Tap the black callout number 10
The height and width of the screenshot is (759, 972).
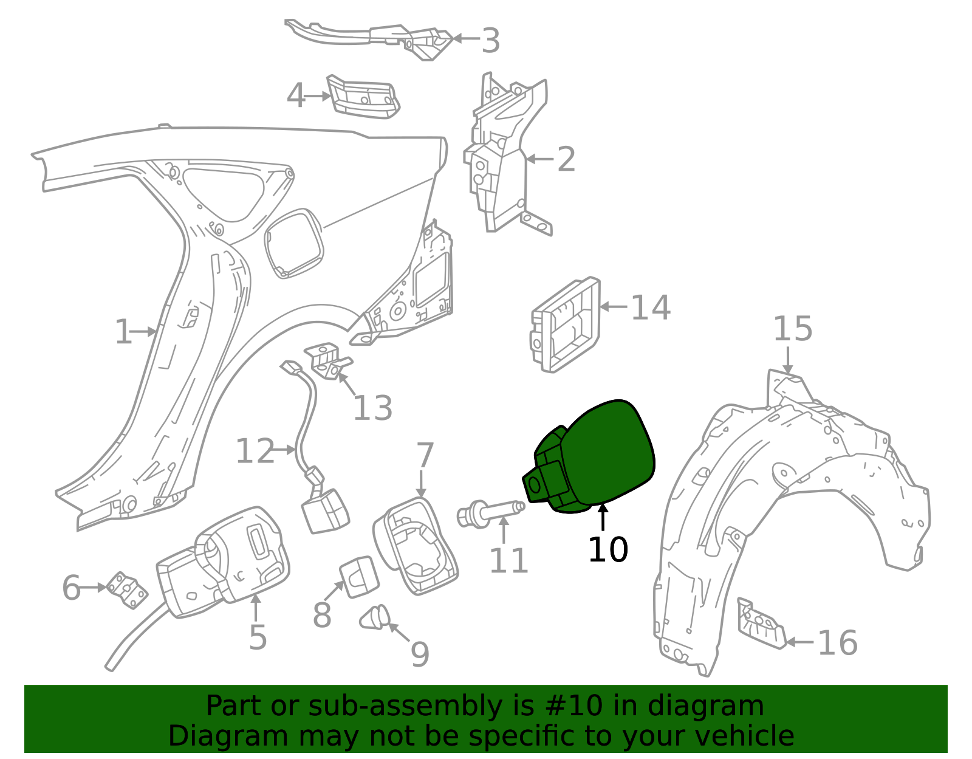[x=608, y=550]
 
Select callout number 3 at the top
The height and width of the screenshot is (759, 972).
[x=490, y=41]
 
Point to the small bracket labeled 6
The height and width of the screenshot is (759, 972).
[x=128, y=590]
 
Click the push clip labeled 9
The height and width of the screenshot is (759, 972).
[x=375, y=617]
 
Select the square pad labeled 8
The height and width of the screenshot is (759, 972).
[x=359, y=577]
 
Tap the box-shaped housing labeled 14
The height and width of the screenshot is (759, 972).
[x=566, y=325]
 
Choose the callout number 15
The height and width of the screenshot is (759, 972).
[x=793, y=329]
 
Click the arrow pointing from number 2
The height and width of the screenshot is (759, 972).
[x=540, y=159]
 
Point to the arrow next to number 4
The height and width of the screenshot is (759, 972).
[x=317, y=96]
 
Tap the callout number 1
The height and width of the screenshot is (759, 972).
[x=123, y=331]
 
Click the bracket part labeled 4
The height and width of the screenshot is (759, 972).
[x=363, y=97]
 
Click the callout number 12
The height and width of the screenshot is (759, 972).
[x=255, y=451]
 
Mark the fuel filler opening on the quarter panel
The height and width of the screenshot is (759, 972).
[x=294, y=244]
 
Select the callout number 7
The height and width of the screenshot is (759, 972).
[x=425, y=455]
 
